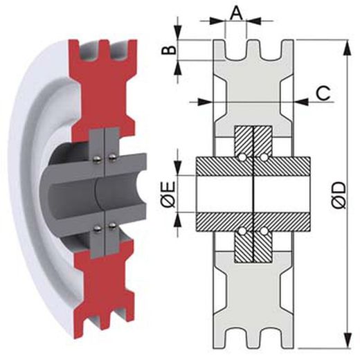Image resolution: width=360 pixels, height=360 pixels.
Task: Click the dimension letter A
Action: click(236, 12)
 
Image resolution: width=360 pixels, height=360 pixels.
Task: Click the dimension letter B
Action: click(169, 50)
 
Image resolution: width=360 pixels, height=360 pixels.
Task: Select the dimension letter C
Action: click(323, 93)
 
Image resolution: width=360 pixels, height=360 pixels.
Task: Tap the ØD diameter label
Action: click(339, 195)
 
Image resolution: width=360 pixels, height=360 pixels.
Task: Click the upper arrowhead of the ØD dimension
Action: click(348, 48)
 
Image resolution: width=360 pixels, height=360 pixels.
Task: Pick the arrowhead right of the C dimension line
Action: click(302, 101)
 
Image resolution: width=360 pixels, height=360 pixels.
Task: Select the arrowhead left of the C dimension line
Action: click(205, 101)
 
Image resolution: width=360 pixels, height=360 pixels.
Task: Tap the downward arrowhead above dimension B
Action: click(178, 33)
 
